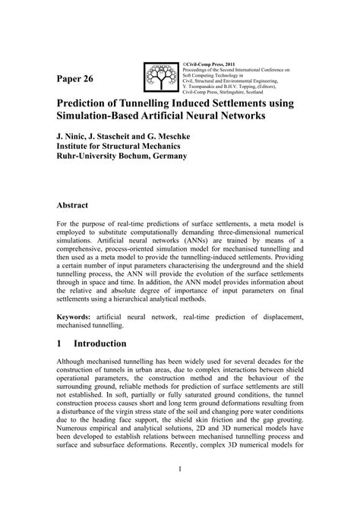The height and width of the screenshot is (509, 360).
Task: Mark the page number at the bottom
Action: (x=180, y=491)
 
